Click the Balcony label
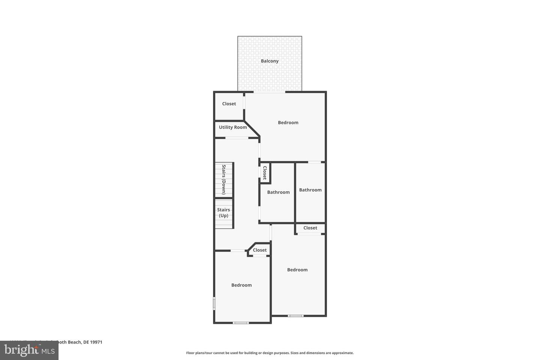click(270, 61)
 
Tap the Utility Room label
click(233, 127)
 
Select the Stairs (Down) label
click(224, 180)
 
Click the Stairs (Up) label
click(223, 213)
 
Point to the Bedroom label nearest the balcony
click(288, 123)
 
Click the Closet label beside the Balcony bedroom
click(229, 104)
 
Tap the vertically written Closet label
click(265, 173)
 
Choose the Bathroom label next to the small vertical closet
click(278, 192)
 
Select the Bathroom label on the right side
click(310, 190)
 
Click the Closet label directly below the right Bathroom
click(310, 228)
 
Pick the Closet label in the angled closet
click(259, 250)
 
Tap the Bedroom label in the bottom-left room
click(241, 285)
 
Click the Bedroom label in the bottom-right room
click(297, 270)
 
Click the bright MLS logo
click(29, 351)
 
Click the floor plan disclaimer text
click(270, 353)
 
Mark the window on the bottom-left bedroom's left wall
click(214, 303)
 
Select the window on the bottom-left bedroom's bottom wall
click(241, 322)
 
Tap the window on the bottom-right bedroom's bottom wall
click(295, 316)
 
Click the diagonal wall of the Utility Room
click(252, 129)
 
